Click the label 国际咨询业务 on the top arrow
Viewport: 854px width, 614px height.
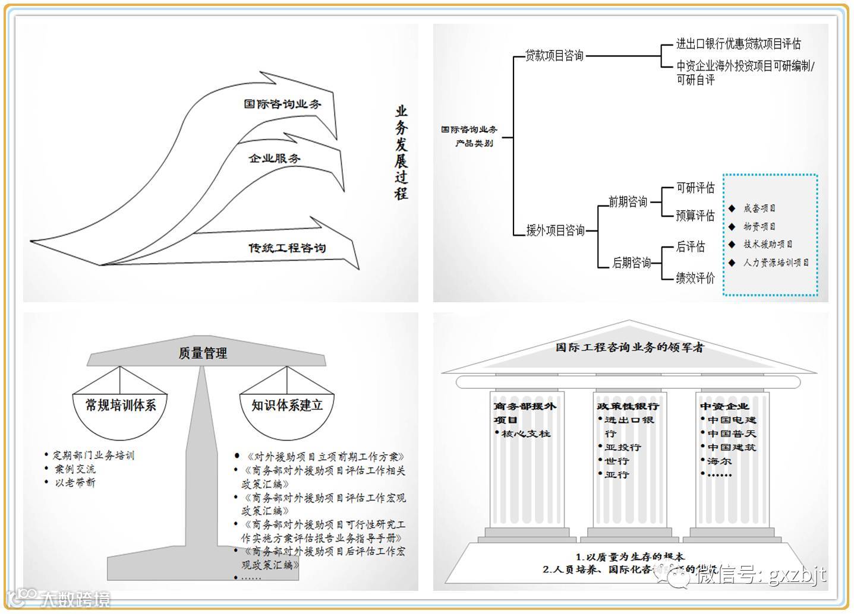point(282,104)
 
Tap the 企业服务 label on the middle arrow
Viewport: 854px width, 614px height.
point(275,159)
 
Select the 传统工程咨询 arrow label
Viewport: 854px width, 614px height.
point(287,248)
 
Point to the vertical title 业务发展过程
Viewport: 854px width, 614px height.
point(402,153)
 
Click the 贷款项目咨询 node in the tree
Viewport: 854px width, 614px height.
point(554,56)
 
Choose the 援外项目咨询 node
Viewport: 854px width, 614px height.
point(555,230)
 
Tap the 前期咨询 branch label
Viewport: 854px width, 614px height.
point(628,202)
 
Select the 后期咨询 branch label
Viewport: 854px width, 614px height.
point(631,262)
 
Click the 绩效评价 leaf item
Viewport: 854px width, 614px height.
point(695,277)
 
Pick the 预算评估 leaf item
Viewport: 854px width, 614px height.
point(695,215)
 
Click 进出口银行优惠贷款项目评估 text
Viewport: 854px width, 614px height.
point(738,44)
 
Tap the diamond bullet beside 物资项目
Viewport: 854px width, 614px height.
point(732,226)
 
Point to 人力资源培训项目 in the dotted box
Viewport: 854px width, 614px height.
point(776,262)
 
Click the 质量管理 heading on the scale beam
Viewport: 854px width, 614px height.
point(203,353)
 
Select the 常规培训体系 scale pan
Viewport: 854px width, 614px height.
point(121,406)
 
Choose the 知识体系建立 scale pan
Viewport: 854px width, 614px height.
point(287,406)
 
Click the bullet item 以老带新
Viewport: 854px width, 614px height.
point(75,483)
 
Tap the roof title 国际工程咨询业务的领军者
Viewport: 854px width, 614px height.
point(629,347)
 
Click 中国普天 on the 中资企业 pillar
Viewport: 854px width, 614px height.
point(732,433)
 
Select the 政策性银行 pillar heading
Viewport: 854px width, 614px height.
point(628,406)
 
